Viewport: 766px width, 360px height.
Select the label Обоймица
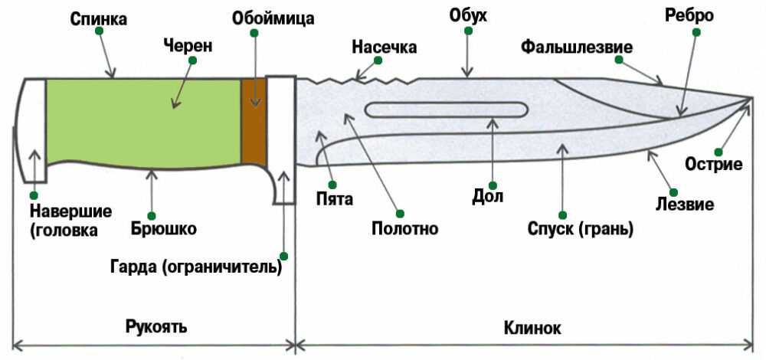tap(264, 16)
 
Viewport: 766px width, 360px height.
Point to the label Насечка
tap(384, 47)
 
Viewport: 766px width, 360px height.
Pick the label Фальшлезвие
tap(577, 47)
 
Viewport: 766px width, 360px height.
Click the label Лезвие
tap(686, 205)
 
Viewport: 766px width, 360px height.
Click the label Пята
tap(334, 201)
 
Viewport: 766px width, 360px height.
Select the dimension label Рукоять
tap(157, 327)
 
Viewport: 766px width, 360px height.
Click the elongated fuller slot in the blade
tap(445, 110)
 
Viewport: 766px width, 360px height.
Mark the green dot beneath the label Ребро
tap(696, 32)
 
